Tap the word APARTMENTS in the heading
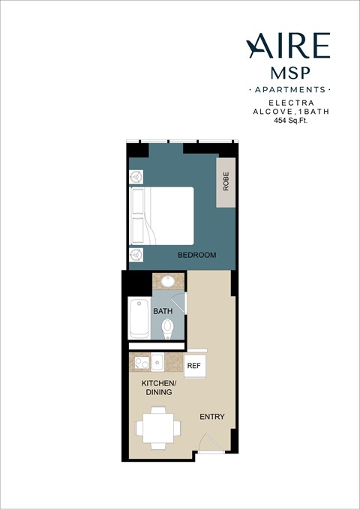point(289,90)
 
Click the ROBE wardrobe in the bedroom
point(226,183)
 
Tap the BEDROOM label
point(196,256)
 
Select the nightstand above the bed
point(136,177)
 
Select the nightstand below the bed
point(136,254)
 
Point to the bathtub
point(139,318)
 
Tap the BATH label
point(163,310)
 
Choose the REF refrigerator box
point(194,366)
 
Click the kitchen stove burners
point(140,364)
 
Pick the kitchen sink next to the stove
point(158,364)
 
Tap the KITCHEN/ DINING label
point(157,387)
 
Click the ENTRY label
point(211,417)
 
